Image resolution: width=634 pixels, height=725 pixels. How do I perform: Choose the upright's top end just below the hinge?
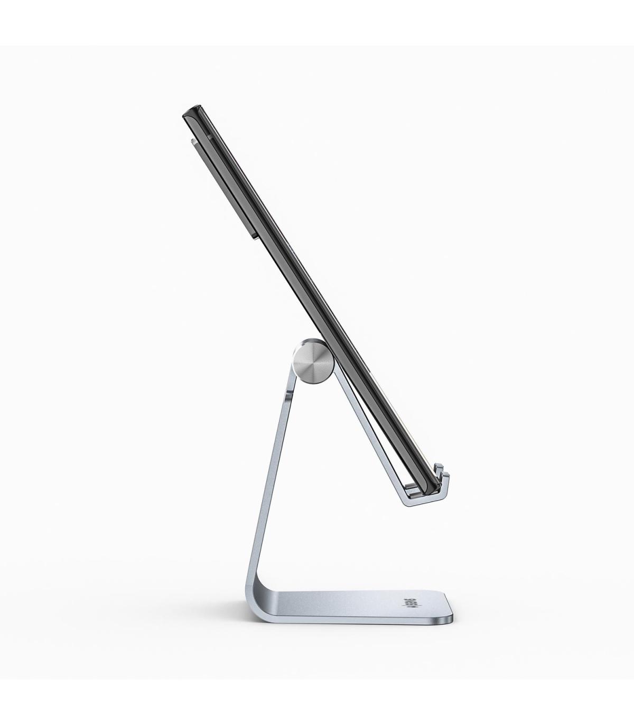click(x=290, y=388)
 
